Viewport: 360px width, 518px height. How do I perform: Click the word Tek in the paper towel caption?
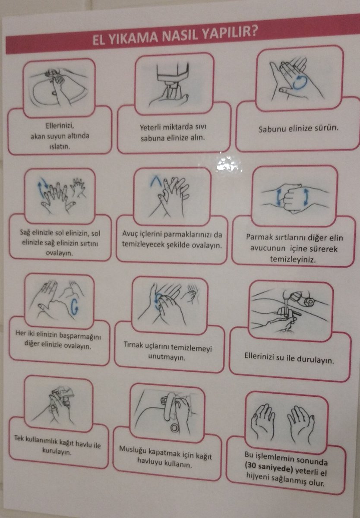pos(22,437)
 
